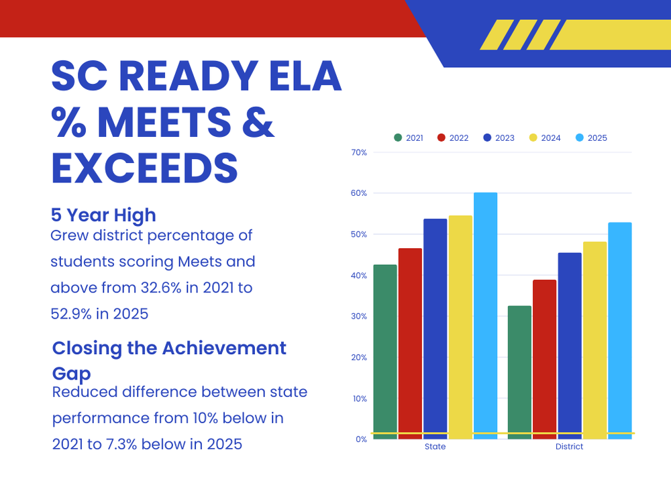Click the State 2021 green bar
click(385, 351)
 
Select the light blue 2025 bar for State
click(485, 315)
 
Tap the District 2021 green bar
click(519, 372)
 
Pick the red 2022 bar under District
click(544, 359)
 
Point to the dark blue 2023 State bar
click(435, 329)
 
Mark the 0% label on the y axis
click(361, 439)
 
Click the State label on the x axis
click(435, 447)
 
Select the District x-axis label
click(569, 447)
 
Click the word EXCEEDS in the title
click(144, 168)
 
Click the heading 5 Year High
click(103, 215)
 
